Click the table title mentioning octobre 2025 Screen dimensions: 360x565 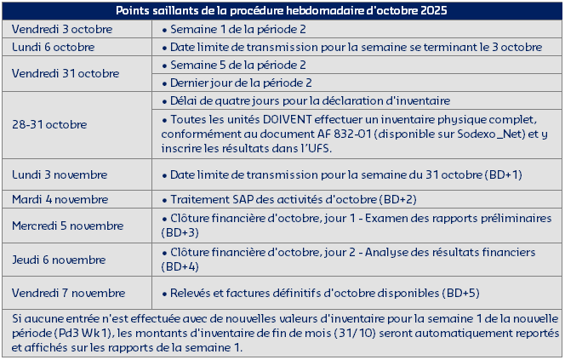(282, 10)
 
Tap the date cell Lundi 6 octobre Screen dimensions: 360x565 (53, 46)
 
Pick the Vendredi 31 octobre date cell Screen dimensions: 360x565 (56, 73)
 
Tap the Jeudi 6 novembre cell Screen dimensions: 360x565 (58, 260)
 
